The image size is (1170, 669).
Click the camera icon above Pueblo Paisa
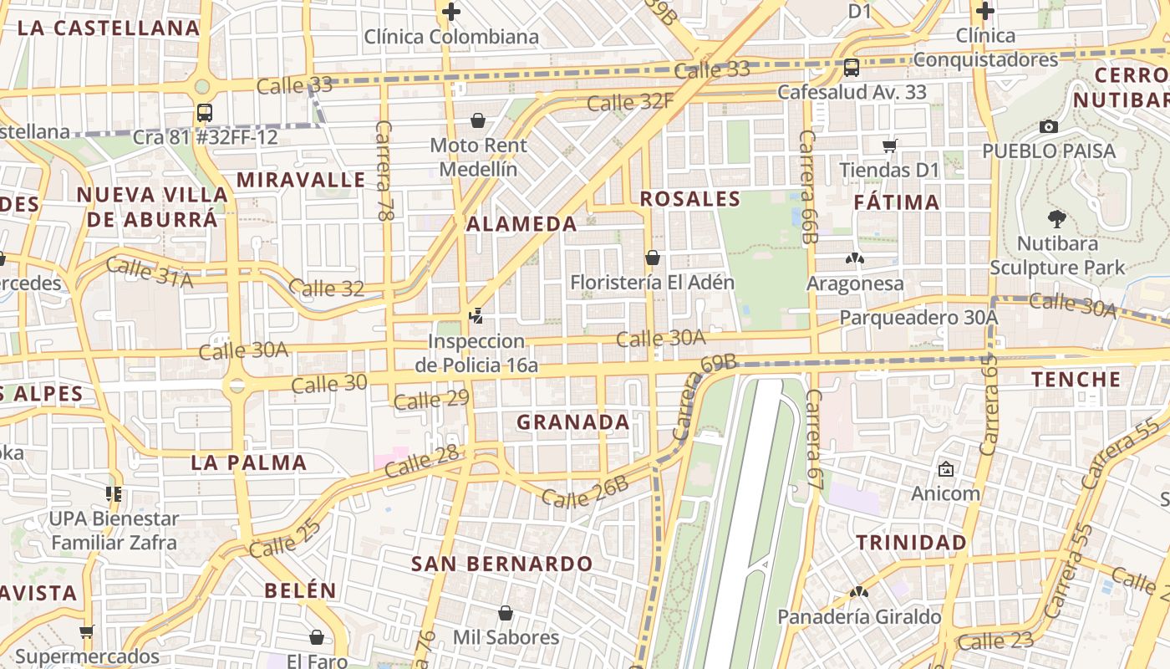[x=1048, y=126]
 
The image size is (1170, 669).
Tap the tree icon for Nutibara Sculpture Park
[x=1056, y=220]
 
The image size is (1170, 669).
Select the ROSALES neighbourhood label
[x=690, y=199]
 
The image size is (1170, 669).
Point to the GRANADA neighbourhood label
[x=573, y=422]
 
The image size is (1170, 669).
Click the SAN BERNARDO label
[x=501, y=564]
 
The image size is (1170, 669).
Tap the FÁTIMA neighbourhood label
[x=897, y=202]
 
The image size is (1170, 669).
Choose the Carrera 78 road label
[x=384, y=171]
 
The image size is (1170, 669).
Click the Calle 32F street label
[x=630, y=102]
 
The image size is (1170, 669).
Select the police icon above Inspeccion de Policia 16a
[x=476, y=316]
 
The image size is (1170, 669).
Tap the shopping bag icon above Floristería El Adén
[x=652, y=258]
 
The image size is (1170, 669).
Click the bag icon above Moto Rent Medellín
[x=478, y=121]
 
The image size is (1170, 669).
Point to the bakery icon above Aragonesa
[x=854, y=258]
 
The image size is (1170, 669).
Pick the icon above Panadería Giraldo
[x=858, y=592]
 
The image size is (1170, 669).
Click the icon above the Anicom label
[x=945, y=469]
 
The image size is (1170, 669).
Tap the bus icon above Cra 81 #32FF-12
[x=204, y=112]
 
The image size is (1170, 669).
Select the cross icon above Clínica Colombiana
[x=451, y=12]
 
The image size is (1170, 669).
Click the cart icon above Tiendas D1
[x=889, y=146]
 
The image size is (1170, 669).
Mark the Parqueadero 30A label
[x=918, y=318]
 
